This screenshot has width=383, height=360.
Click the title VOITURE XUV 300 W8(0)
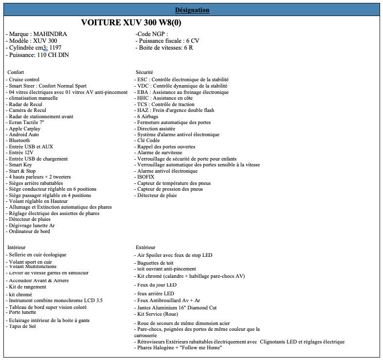point(131,23)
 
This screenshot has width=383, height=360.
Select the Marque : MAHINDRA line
point(36,34)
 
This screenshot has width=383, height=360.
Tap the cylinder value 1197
point(55,48)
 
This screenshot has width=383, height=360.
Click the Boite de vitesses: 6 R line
point(164,48)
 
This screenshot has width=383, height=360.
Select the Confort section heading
point(16,72)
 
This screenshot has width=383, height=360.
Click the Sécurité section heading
point(145,72)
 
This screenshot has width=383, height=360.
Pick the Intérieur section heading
point(17,247)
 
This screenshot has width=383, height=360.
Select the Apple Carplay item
point(24,128)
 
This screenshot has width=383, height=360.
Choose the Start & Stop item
point(22,171)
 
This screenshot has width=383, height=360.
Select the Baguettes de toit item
point(156,263)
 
